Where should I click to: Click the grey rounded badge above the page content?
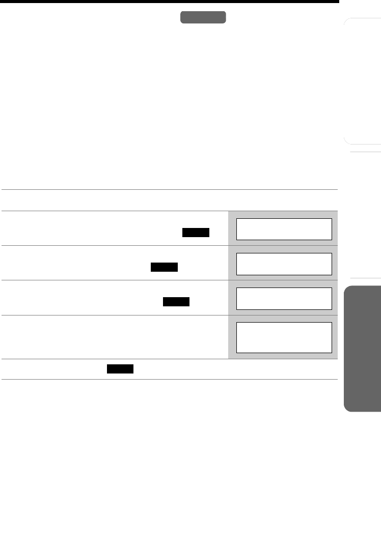point(203,17)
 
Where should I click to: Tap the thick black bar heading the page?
point(169,2)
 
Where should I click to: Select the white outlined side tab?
point(363,81)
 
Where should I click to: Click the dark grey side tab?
point(362,348)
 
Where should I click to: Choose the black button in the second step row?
point(164,267)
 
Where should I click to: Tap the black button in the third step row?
point(176,302)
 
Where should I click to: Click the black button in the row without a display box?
point(120,369)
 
